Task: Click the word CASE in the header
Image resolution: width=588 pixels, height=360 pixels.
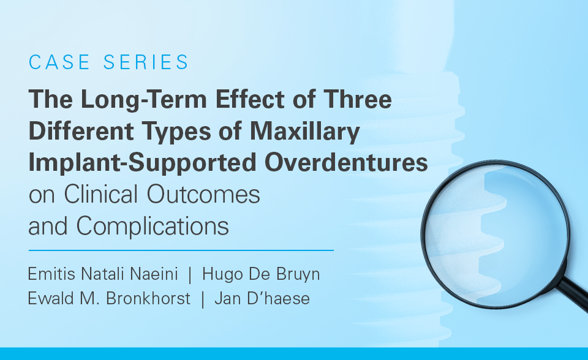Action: [x=59, y=62]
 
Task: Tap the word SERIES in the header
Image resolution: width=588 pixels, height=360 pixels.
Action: [x=146, y=62]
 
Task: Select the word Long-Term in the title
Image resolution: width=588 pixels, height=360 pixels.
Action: [x=143, y=100]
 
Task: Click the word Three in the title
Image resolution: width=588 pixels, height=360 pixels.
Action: [x=358, y=99]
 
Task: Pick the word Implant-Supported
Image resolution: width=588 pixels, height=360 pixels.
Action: [x=143, y=163]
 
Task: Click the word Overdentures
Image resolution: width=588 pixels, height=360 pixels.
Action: [x=346, y=162]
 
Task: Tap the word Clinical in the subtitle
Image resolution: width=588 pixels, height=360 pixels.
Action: [x=101, y=194]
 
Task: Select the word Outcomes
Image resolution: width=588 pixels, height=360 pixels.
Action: [x=203, y=194]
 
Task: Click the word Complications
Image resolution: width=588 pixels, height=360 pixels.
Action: [x=153, y=227]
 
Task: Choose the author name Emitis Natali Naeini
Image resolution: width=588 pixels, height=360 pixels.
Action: [x=103, y=274]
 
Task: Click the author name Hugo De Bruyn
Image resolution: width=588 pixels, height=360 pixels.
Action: [x=261, y=275]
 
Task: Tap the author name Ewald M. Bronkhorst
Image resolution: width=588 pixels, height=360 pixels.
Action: [x=109, y=299]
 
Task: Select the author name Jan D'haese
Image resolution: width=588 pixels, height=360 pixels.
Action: [x=262, y=299]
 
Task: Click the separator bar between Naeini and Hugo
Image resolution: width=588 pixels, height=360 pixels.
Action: [x=190, y=275]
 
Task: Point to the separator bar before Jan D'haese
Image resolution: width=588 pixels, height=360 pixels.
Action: [x=203, y=299]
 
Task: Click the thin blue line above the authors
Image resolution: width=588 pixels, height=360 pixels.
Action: [x=181, y=250]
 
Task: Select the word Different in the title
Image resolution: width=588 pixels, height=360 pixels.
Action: [x=81, y=131]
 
